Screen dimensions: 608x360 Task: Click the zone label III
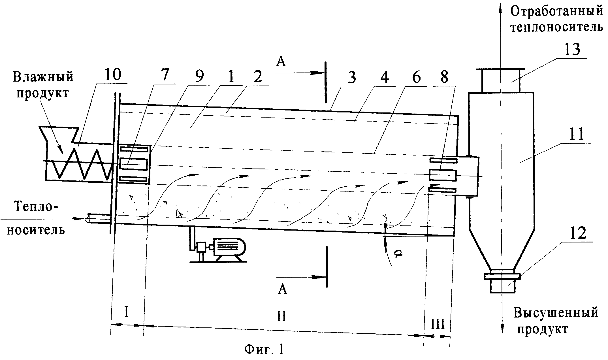click(438, 324)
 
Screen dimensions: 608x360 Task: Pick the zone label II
click(281, 316)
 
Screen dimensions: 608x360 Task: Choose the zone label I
click(127, 312)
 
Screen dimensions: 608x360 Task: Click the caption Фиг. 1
click(264, 349)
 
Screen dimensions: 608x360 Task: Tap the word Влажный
click(43, 77)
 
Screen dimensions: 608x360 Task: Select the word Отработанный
click(556, 12)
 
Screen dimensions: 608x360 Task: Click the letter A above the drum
click(281, 61)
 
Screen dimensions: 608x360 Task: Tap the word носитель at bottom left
click(36, 229)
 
